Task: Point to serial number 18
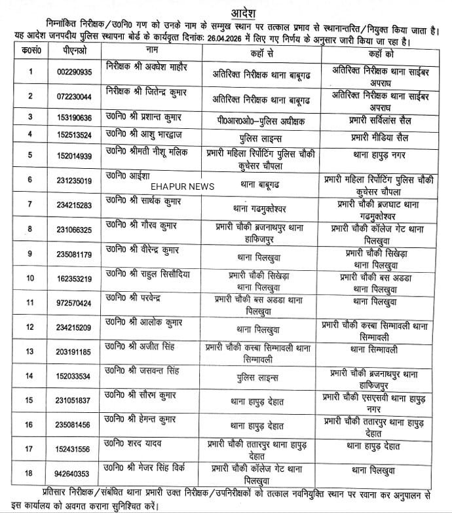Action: coord(28,474)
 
